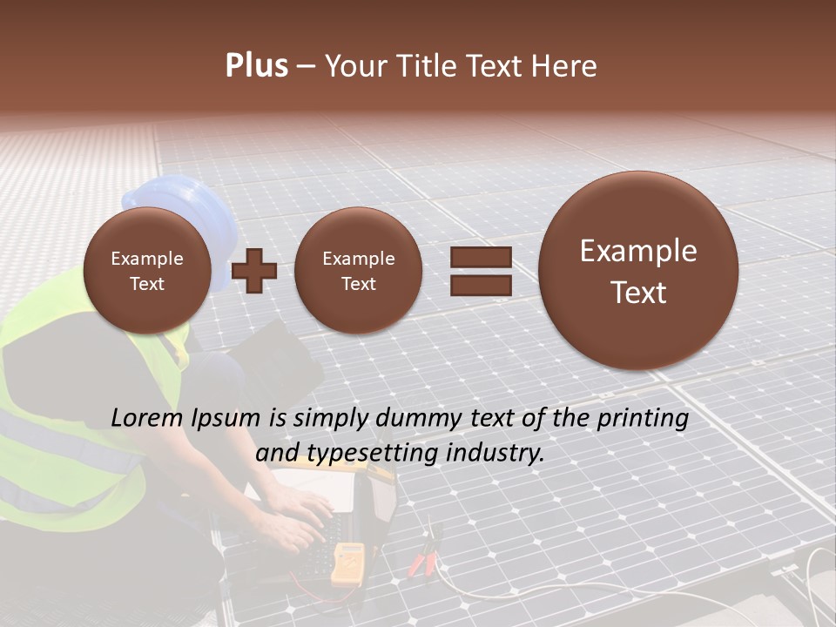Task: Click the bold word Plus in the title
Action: pyautogui.click(x=256, y=66)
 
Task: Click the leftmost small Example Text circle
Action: pyautogui.click(x=147, y=271)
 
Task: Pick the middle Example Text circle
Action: pyautogui.click(x=358, y=271)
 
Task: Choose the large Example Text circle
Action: pyautogui.click(x=638, y=271)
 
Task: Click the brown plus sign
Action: pyautogui.click(x=254, y=270)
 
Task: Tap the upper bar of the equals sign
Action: pyautogui.click(x=481, y=257)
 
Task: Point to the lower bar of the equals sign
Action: pyautogui.click(x=481, y=285)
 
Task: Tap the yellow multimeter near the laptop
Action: pyautogui.click(x=347, y=563)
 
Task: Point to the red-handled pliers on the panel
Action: pyautogui.click(x=425, y=557)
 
